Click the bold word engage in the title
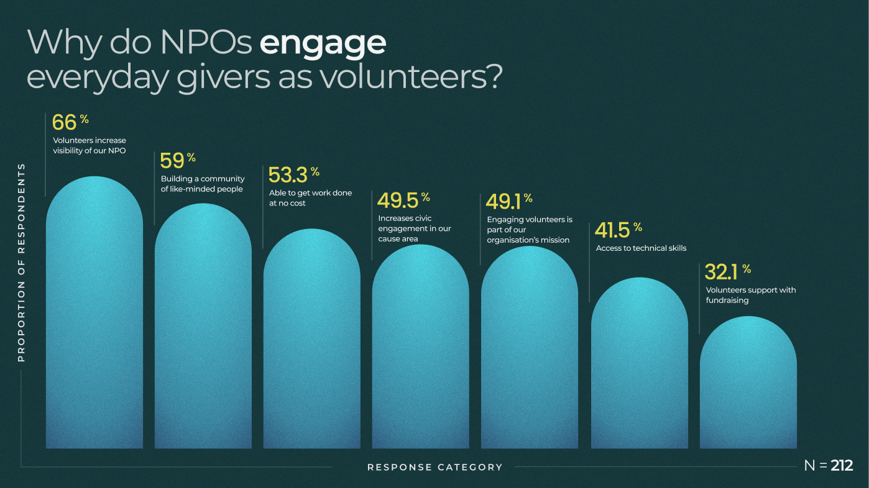pos(323,43)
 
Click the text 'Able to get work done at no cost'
pos(310,198)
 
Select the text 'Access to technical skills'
pos(641,248)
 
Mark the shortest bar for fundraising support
pos(748,385)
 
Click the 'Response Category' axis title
pos(435,467)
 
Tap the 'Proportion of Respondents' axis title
pos(21,263)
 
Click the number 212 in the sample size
pos(842,465)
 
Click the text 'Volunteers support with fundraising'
pos(750,295)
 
